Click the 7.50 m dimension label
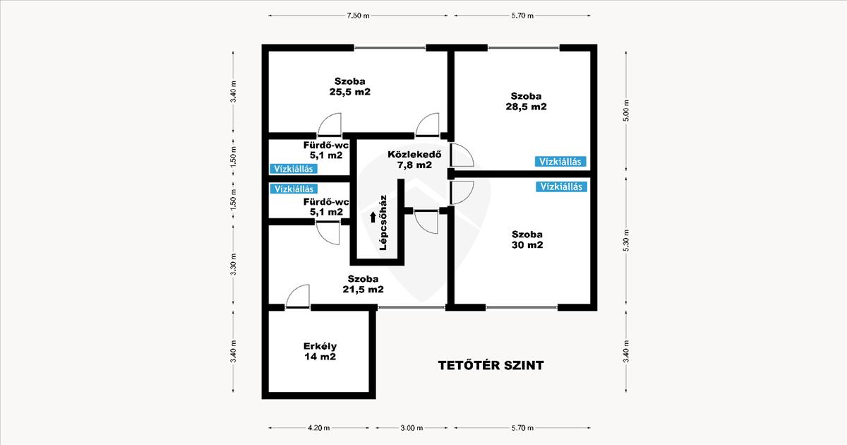pyautogui.click(x=358, y=16)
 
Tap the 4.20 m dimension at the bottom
pyautogui.click(x=319, y=428)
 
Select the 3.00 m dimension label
pyautogui.click(x=412, y=428)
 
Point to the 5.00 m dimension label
pyautogui.click(x=626, y=110)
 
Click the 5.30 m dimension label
pyautogui.click(x=626, y=241)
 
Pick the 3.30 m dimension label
pyautogui.click(x=234, y=264)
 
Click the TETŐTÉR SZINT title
pyautogui.click(x=491, y=365)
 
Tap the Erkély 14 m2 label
pyautogui.click(x=320, y=351)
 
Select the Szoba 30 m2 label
pyautogui.click(x=527, y=239)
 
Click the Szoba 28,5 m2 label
pyautogui.click(x=526, y=101)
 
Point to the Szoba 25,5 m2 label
pyautogui.click(x=350, y=86)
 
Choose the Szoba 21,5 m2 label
pyautogui.click(x=363, y=284)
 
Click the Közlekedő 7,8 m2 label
pyautogui.click(x=414, y=160)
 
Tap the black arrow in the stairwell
pyautogui.click(x=373, y=217)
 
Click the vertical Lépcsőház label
pyautogui.click(x=383, y=222)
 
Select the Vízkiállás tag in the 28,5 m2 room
pyautogui.click(x=560, y=162)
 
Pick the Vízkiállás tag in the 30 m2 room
pyautogui.click(x=561, y=186)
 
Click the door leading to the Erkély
pyautogui.click(x=298, y=296)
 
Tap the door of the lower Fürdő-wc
pyautogui.click(x=328, y=233)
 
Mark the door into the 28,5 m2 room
pyautogui.click(x=462, y=155)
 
